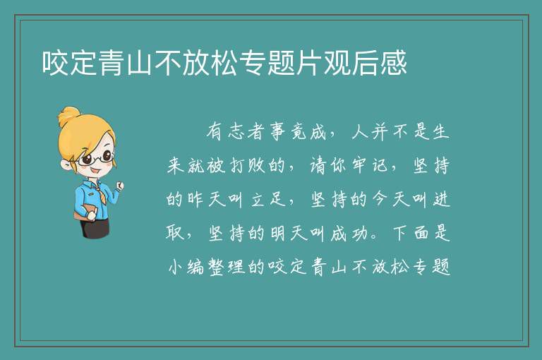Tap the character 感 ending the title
click(x=394, y=63)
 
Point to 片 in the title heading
click(x=309, y=63)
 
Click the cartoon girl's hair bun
click(x=68, y=116)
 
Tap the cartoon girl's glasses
click(x=95, y=158)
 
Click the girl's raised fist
click(x=119, y=186)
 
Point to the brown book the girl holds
click(x=84, y=212)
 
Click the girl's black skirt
click(x=95, y=227)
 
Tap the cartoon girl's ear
click(x=66, y=164)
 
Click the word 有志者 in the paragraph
click(x=236, y=132)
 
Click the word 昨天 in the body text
click(x=207, y=199)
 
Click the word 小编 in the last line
click(x=186, y=267)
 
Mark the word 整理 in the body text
click(x=227, y=267)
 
